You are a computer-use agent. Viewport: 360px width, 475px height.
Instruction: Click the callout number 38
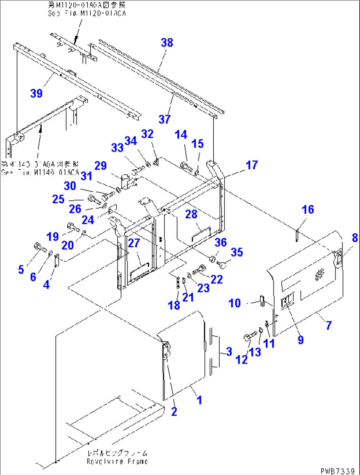point(167,43)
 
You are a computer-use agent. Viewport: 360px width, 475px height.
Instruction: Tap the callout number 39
point(36,93)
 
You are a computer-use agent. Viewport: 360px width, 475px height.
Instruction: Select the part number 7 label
point(328,325)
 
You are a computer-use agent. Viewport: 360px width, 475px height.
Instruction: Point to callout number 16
point(307,209)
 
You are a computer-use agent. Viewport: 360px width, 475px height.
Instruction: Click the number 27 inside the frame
point(134,243)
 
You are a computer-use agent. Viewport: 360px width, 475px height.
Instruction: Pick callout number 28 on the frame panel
point(191,214)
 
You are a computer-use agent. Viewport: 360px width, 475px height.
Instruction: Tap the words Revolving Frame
point(117,461)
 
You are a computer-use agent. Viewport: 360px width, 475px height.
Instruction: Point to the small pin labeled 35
point(222,263)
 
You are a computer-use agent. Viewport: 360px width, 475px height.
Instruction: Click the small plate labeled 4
point(56,261)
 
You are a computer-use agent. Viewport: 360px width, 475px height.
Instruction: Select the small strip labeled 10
point(262,301)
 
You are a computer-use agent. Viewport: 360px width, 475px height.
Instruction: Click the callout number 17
point(251,165)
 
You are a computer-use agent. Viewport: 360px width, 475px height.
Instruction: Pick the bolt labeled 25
point(93,199)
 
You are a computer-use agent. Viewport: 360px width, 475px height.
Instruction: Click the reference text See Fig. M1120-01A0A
point(87,14)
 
